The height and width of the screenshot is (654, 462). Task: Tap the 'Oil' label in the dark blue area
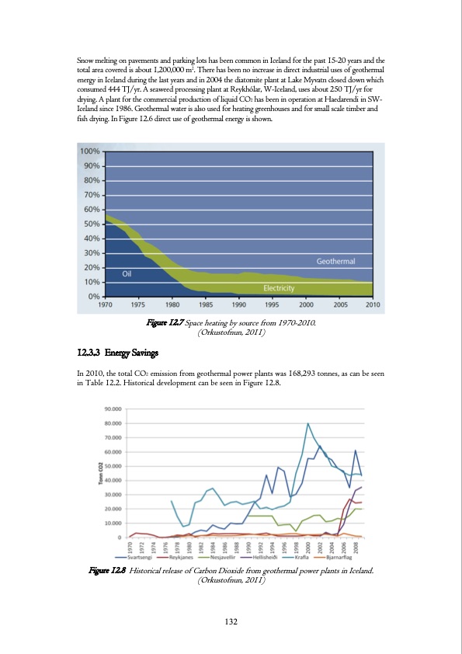pos(130,273)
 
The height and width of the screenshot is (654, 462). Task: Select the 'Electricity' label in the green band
pos(279,288)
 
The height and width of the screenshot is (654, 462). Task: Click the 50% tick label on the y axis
pos(91,224)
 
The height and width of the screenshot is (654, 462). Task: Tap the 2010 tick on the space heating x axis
pos(372,304)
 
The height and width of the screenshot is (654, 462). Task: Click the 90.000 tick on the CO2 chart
pos(113,409)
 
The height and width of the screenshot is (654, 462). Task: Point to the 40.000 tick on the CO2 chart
pos(113,480)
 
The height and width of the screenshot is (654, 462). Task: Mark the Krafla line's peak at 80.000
pos(308,424)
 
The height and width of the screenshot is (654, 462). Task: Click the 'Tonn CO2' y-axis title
pos(99,473)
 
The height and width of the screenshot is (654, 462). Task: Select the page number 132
pos(231,621)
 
